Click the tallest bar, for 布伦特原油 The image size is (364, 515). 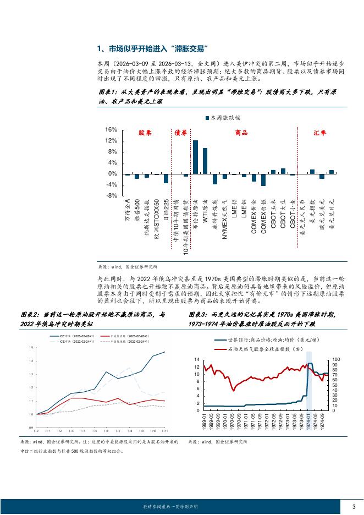coord(195,157)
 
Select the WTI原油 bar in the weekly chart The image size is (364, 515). coord(205,161)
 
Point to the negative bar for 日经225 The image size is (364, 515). coord(166,178)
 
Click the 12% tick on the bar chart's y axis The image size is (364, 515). coord(111,141)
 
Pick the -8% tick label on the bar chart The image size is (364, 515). coord(111,196)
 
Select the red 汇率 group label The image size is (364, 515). coord(319,133)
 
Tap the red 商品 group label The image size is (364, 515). coord(241,133)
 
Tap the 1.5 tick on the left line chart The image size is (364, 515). coord(31,347)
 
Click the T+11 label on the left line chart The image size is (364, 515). coord(164,430)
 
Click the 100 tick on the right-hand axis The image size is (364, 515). coord(337,359)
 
